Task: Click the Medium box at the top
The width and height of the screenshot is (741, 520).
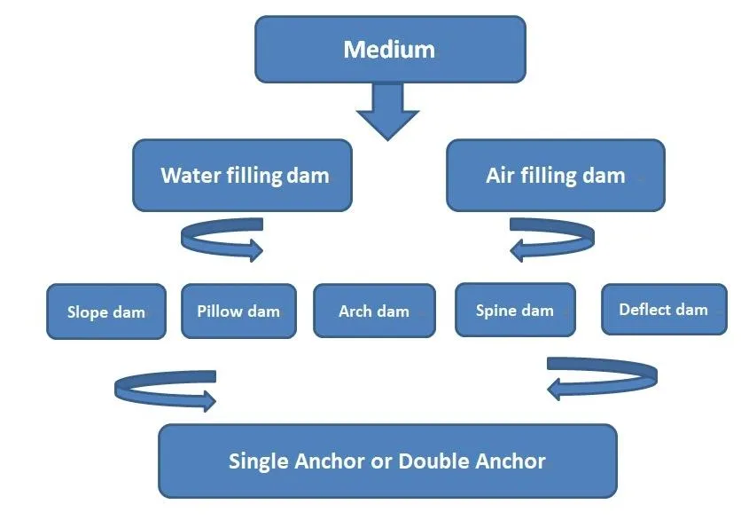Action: pos(390,48)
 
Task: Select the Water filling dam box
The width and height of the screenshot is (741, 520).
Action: pos(243,175)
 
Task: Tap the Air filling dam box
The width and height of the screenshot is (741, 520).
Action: pos(555,175)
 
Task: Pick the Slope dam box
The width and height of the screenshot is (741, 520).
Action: pos(105,311)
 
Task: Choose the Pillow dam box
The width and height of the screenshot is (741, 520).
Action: pos(238,311)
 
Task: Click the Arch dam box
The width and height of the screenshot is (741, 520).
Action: pos(374,311)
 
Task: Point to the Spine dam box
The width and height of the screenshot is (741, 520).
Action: pos(514,310)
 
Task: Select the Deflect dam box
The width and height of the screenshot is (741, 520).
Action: pos(663,309)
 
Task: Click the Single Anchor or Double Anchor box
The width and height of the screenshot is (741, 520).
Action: pos(386,461)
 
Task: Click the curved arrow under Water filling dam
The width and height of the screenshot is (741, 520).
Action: pos(222,240)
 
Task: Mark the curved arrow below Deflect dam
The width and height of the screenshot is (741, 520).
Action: pos(602,376)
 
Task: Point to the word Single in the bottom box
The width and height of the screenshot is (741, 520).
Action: pos(260,461)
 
